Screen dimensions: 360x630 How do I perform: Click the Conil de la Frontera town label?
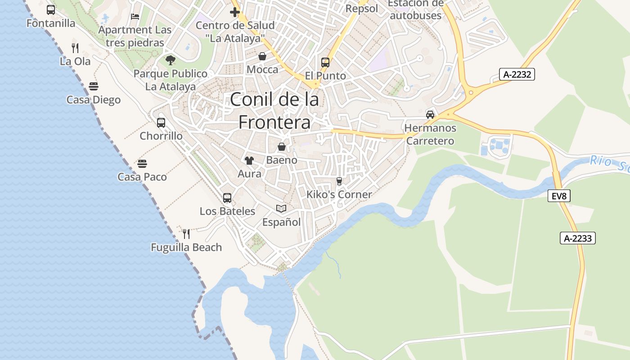point(274,111)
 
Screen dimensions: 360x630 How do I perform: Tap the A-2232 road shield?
point(517,74)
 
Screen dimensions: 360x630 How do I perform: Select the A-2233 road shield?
point(578,238)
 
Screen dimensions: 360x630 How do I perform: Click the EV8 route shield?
point(559,196)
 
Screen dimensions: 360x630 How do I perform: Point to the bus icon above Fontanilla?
point(51,10)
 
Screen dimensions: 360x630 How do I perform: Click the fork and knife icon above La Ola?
point(75,48)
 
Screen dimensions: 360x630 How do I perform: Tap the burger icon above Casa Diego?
point(94,86)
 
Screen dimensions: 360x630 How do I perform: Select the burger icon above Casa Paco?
point(142,163)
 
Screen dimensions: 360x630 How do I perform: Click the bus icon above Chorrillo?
point(161,122)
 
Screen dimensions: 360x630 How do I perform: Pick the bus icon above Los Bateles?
point(227,198)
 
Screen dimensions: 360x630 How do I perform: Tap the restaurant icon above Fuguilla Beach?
point(186,234)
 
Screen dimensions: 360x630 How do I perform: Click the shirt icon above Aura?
point(249,160)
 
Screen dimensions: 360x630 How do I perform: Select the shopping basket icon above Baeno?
point(282,147)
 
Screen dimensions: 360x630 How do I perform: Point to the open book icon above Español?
point(281,208)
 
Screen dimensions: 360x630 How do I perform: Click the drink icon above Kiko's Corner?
point(339,181)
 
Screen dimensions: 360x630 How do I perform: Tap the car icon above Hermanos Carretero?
point(430,114)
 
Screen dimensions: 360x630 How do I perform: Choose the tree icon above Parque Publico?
point(171,60)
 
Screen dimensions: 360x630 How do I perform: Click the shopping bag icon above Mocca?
point(262,56)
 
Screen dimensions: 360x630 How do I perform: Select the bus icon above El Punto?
point(325,63)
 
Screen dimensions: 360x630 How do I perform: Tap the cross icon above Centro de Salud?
point(235,12)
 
